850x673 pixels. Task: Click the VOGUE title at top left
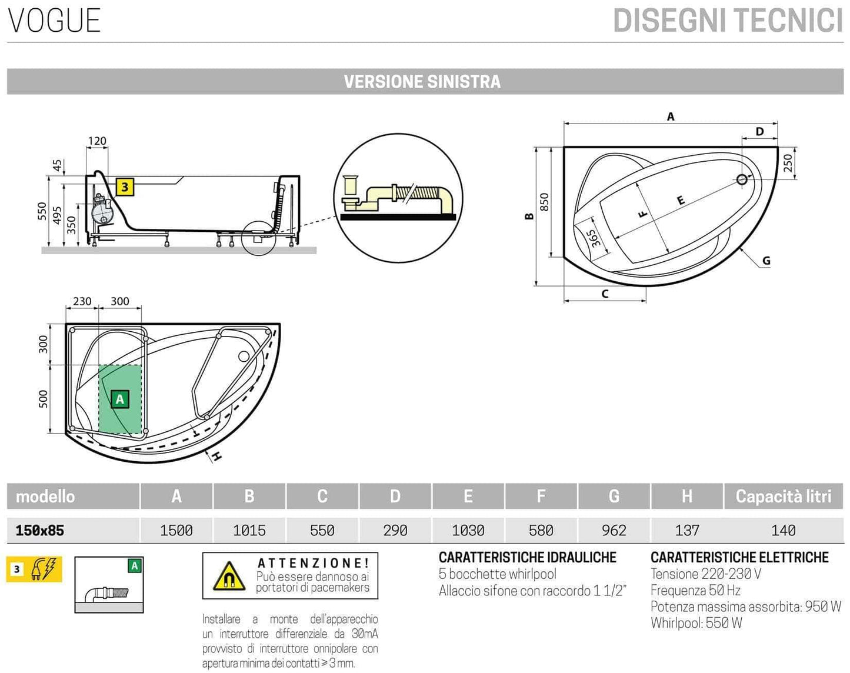coord(54,21)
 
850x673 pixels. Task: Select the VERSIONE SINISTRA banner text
coord(422,81)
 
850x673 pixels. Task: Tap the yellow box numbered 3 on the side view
coord(125,187)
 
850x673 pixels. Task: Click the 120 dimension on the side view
coord(97,141)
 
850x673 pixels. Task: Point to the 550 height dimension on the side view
coord(42,211)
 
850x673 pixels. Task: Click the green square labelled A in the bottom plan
coord(120,399)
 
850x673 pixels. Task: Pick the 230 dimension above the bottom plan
coord(82,301)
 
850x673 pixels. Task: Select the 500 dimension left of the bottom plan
coord(44,399)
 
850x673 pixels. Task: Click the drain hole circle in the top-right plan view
coord(742,179)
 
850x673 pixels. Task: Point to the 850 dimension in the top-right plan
coord(544,202)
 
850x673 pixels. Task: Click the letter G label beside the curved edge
coord(766,261)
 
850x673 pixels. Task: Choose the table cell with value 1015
coord(249,531)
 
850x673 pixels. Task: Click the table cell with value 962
coord(614,531)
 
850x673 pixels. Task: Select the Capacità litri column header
coord(783,497)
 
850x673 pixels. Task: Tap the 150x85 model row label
coord(39,531)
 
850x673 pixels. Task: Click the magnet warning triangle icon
coord(229,577)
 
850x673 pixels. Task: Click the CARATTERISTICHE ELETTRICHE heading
coord(739,557)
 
